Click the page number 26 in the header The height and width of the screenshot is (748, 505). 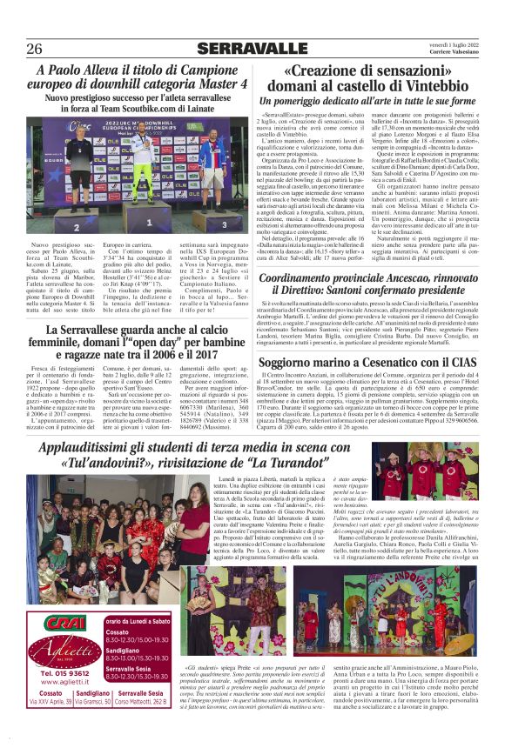36,48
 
